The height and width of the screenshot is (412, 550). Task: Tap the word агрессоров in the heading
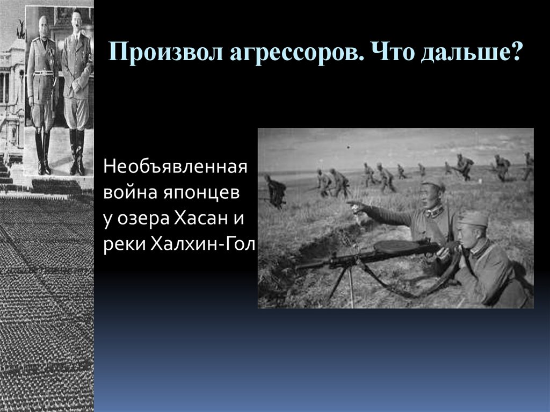point(284,54)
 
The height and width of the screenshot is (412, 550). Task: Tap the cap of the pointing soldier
point(433,185)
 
